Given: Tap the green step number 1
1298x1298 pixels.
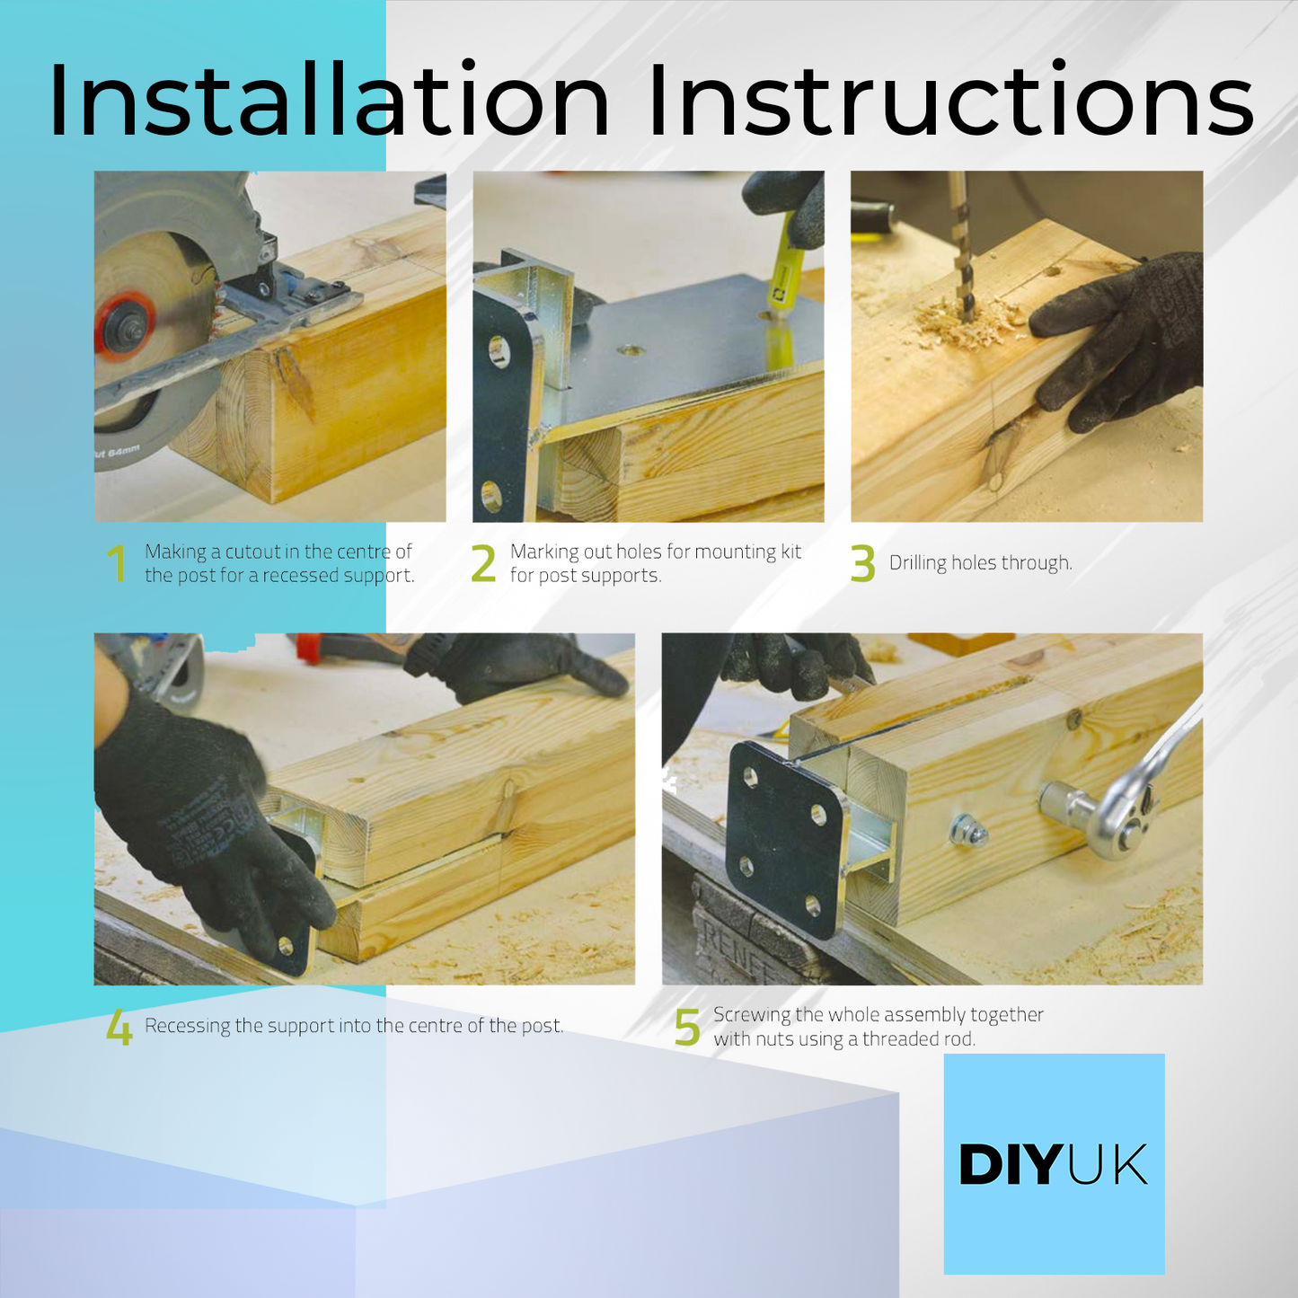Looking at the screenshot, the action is pos(118,563).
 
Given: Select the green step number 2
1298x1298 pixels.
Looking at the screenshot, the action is pos(483,563).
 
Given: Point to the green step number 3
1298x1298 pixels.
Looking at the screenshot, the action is pos(863,563).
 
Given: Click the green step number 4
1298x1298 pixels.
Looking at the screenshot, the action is pos(119,1027).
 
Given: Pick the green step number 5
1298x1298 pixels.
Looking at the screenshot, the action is pos(687,1028).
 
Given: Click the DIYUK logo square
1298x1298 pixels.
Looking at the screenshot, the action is pos(1055,1164).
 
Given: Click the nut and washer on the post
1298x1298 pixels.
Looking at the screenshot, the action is pos(967,831).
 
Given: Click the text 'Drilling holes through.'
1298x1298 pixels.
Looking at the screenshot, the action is pos(980,563).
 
